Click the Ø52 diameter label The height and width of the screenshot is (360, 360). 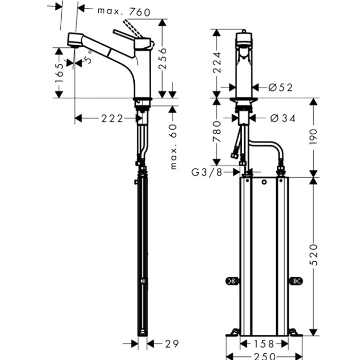pyautogui.click(x=280, y=87)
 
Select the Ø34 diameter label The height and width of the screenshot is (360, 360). pyautogui.click(x=282, y=118)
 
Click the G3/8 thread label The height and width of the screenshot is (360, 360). pyautogui.click(x=206, y=172)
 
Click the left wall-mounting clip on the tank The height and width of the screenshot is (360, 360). pyautogui.click(x=232, y=281)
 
